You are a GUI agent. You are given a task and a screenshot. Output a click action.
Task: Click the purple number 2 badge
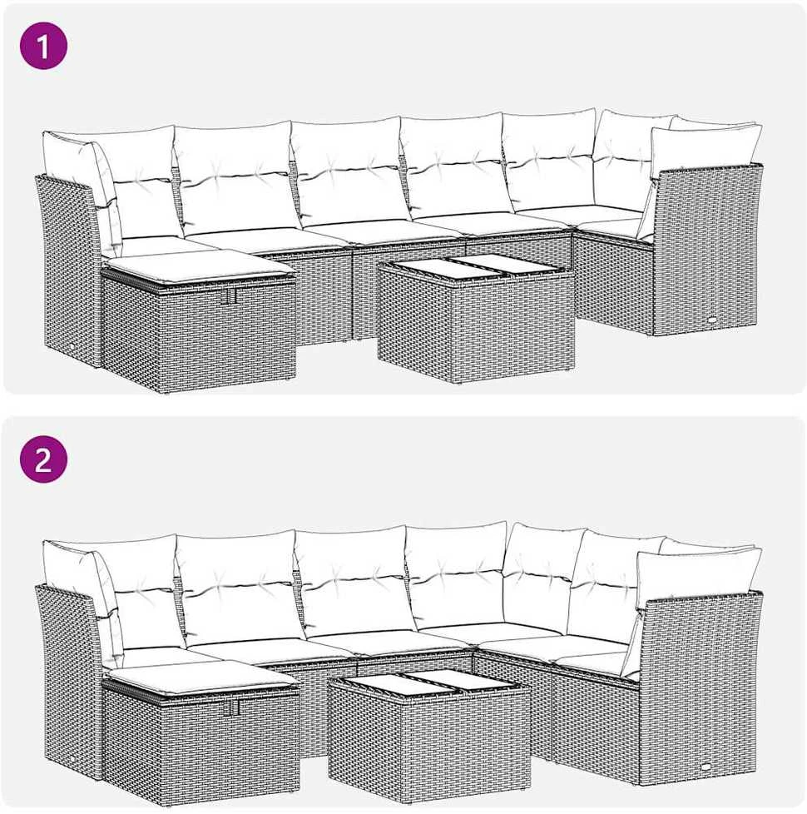(x=43, y=459)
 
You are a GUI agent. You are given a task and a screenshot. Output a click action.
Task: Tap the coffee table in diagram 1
(x=476, y=318)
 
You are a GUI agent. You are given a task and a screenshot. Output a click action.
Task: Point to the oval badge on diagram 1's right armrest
(x=710, y=320)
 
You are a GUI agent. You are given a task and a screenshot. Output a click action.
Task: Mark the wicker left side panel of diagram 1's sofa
(x=68, y=269)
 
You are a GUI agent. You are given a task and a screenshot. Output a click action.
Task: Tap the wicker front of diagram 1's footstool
(x=200, y=332)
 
